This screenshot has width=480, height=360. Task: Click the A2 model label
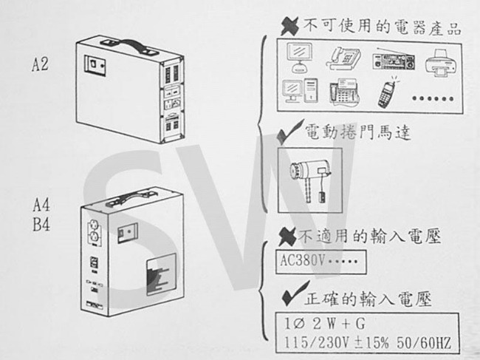point(40,64)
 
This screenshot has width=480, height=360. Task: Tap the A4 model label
point(41,205)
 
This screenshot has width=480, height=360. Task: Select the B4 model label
point(41,224)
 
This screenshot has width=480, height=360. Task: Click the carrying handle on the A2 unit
point(129,46)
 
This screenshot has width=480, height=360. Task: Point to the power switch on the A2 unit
point(95,65)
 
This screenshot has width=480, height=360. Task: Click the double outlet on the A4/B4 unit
point(95,232)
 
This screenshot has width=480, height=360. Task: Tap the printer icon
point(441,64)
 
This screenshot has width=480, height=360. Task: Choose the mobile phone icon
point(388,92)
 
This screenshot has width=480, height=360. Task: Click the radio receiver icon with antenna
point(394,60)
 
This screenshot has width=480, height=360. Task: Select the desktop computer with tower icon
point(300,90)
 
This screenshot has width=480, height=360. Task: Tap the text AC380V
point(301,261)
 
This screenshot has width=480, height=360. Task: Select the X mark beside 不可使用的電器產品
point(289,27)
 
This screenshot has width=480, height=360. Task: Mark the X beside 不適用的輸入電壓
point(287,237)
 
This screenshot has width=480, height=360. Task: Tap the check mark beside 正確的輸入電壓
point(295,293)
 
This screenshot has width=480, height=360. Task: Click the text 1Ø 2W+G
point(324,325)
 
